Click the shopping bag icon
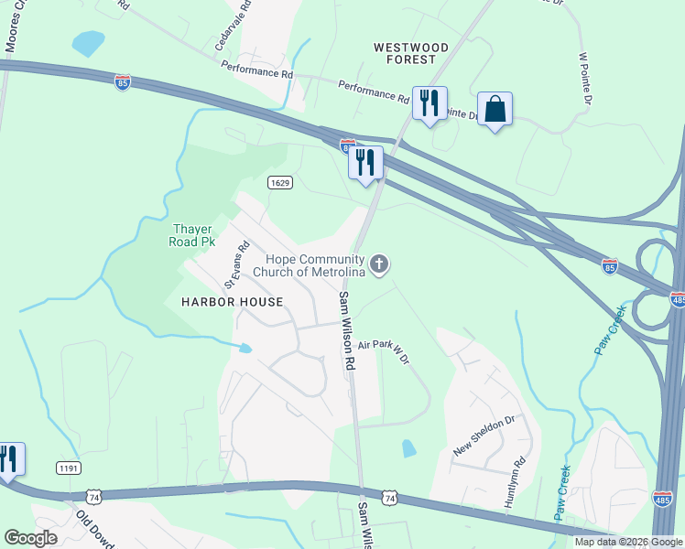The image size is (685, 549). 495,109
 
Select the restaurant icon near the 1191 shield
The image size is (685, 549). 7,458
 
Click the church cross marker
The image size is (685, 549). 379,264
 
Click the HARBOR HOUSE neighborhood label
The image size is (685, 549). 232,301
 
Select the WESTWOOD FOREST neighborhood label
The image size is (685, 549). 411,53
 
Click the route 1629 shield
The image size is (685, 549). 280,183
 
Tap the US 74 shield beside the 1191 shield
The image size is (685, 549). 93,496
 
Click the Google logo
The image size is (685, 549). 31,538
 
